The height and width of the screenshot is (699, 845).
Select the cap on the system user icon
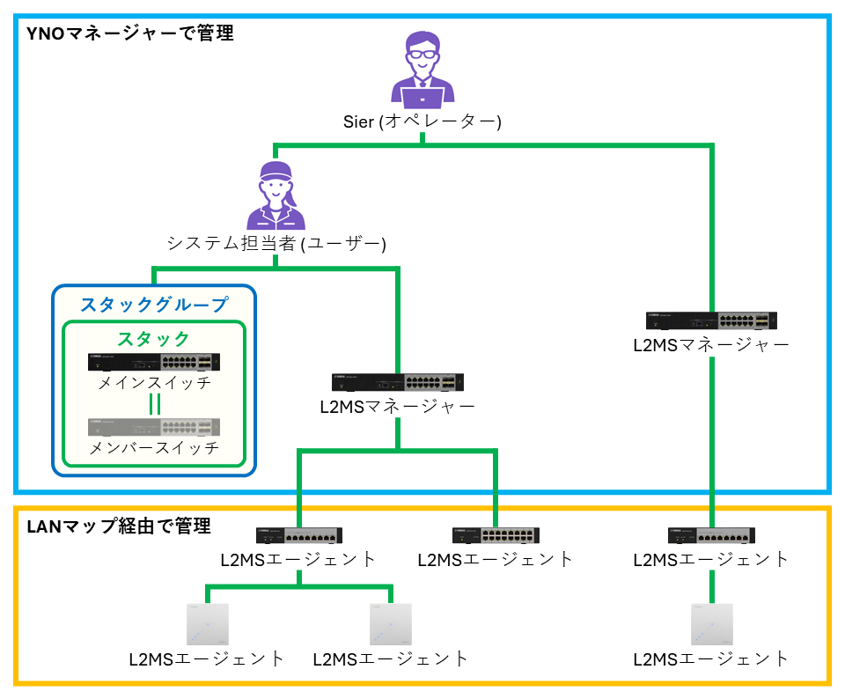coord(275,170)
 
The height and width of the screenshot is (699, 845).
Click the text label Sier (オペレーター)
coord(422,121)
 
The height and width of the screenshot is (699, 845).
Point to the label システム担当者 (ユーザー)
coord(276,243)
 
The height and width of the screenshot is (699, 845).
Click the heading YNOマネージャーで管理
coord(130,33)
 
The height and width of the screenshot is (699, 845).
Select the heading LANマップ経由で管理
coord(119,526)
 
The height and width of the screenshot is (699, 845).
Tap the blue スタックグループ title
coord(154,305)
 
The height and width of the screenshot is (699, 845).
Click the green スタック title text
coord(154,339)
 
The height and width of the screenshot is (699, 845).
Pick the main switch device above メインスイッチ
coord(154,362)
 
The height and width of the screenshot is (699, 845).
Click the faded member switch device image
coord(154,427)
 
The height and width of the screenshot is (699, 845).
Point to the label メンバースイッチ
coord(154,448)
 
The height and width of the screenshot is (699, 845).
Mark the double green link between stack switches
coord(154,404)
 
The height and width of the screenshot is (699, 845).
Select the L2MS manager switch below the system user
coord(398,382)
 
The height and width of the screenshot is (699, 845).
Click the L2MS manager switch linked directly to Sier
coord(711,320)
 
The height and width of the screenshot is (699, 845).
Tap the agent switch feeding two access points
coord(299,535)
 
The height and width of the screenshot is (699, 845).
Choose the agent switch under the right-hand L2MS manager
coord(711,535)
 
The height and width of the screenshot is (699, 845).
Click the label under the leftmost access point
coord(207,659)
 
